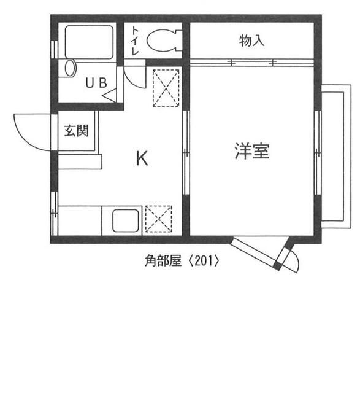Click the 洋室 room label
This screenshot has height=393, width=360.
tap(251, 150)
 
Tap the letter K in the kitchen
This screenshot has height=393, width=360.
tap(142, 159)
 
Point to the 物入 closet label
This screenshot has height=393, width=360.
tap(251, 41)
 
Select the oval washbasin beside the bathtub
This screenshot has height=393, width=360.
tap(69, 68)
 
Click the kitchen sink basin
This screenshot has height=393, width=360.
tap(126, 220)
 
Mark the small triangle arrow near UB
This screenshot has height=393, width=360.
tap(110, 96)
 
